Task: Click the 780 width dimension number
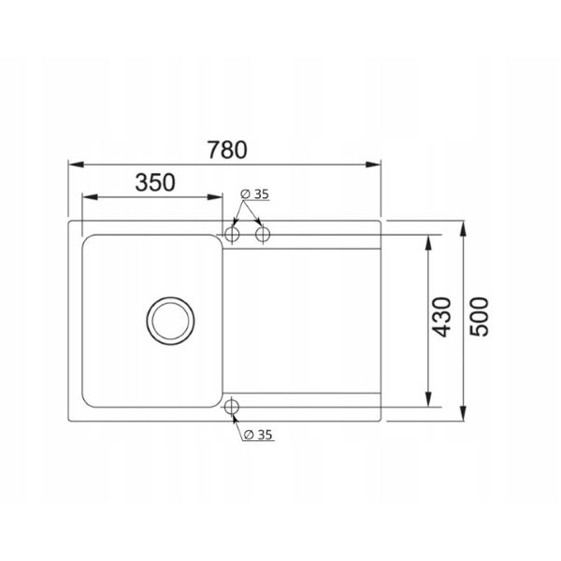point(227,150)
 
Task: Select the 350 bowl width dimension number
point(155,182)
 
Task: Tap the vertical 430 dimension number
point(440,317)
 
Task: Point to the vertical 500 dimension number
point(479,317)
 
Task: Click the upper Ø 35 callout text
point(254,194)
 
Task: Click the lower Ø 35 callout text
point(258,435)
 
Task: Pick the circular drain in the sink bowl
point(171,321)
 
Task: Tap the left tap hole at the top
point(232,235)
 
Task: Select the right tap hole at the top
point(263,235)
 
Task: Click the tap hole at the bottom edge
point(232,407)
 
